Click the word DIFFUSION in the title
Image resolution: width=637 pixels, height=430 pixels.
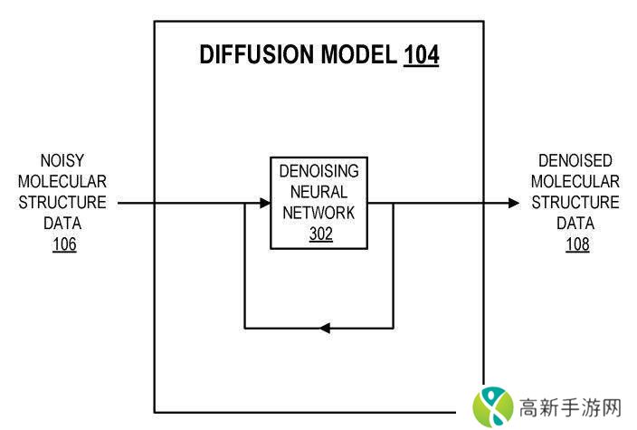[x=257, y=55]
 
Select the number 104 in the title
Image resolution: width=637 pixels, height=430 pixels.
[x=421, y=55]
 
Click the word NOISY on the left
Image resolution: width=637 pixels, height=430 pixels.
[x=63, y=159]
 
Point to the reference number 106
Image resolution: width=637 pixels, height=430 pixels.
[x=63, y=244]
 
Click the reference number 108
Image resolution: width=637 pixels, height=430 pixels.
[x=576, y=244]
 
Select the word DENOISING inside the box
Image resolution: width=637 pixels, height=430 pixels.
[x=319, y=171]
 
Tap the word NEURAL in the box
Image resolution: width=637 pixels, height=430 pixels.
[x=319, y=192]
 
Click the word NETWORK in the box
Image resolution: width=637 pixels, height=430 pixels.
[x=319, y=213]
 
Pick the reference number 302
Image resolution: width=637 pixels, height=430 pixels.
[x=319, y=234]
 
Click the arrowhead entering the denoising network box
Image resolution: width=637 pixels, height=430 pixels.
[x=264, y=203]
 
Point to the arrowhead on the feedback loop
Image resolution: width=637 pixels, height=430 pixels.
[x=325, y=327]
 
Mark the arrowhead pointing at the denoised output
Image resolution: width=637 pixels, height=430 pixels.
[x=514, y=203]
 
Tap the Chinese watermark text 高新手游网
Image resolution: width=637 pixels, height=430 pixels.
[x=570, y=406]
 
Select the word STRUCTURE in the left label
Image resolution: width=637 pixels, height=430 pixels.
[x=63, y=202]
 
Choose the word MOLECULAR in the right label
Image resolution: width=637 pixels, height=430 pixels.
[x=576, y=181]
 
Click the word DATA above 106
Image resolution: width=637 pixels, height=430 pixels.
[x=63, y=223]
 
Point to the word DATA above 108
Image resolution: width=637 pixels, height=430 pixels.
[x=576, y=223]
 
